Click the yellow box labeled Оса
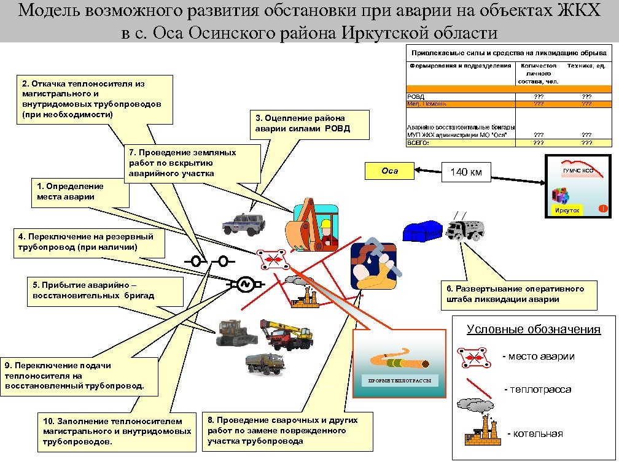pyautogui.click(x=389, y=171)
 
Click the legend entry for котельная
pyautogui.click(x=534, y=434)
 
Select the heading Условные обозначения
pyautogui.click(x=533, y=329)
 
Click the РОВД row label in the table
pyautogui.click(x=416, y=96)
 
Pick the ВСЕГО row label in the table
pyautogui.click(x=418, y=142)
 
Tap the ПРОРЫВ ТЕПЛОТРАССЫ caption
pyautogui.click(x=399, y=381)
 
